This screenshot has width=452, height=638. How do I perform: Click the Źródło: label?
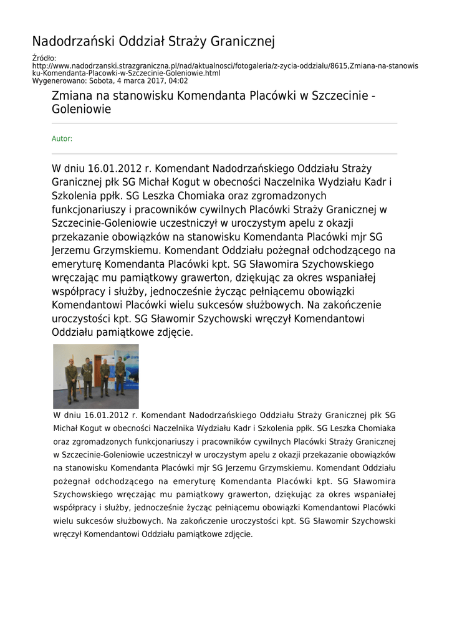click(44, 58)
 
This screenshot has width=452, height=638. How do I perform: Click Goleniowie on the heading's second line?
click(81, 110)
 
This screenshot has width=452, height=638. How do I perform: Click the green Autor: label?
click(62, 139)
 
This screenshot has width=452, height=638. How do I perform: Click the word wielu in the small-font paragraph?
click(64, 521)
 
